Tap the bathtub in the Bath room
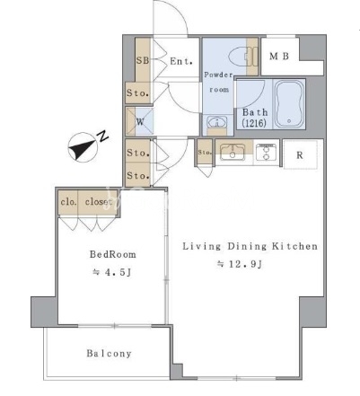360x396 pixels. [289, 104]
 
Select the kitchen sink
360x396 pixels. [233, 152]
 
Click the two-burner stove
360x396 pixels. [267, 152]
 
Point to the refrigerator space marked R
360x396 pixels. [300, 155]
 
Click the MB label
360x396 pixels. [279, 56]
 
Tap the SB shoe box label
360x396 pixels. [143, 60]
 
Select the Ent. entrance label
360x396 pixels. [181, 61]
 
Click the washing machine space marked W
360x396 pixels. [140, 122]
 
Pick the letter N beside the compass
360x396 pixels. [102, 136]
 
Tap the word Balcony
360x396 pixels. [109, 354]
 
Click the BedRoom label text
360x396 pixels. [113, 254]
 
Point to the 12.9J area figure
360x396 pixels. [240, 264]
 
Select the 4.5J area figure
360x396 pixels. [112, 272]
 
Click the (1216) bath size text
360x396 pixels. [254, 123]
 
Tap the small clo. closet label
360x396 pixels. [68, 202]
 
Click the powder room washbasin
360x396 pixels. [216, 122]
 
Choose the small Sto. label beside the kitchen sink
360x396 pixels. [205, 153]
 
